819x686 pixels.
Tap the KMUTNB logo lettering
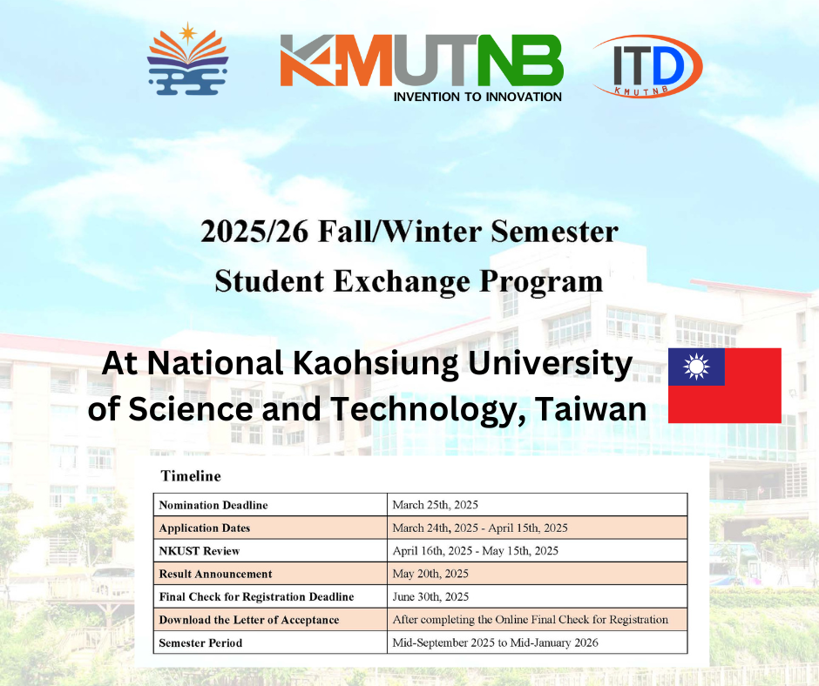(x=422, y=61)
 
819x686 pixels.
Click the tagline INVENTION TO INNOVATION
(x=477, y=98)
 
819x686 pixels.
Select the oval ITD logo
(x=647, y=66)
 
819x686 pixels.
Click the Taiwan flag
(x=724, y=386)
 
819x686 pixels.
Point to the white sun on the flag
(x=696, y=367)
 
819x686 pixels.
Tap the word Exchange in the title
(x=402, y=281)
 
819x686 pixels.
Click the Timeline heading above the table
(x=191, y=476)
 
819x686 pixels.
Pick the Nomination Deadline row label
(x=213, y=505)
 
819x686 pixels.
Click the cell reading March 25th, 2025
(x=435, y=505)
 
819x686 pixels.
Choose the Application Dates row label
(x=204, y=528)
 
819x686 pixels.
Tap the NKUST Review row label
(x=199, y=551)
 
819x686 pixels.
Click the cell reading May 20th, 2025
(x=430, y=574)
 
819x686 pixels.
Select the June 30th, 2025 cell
(x=430, y=596)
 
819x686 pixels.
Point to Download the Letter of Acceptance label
(x=248, y=620)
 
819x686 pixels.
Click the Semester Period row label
(x=200, y=642)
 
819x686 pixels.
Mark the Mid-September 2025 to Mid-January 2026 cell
(x=495, y=642)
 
